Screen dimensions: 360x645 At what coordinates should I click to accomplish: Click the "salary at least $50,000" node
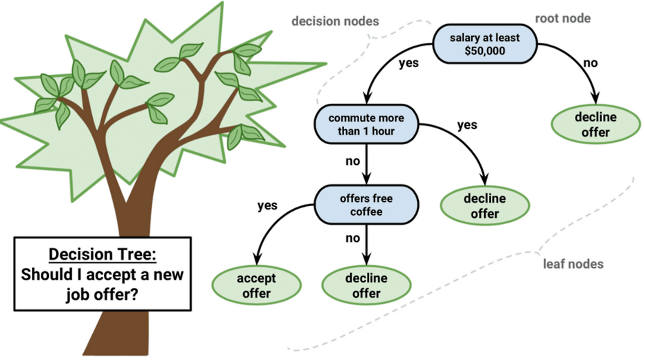point(485,45)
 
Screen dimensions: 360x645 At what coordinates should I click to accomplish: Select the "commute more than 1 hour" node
point(366,125)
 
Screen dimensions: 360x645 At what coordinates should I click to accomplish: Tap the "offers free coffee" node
point(366,204)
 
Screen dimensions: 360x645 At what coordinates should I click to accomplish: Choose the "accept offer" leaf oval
point(256,286)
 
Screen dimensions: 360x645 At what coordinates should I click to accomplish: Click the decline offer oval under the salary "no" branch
point(596,125)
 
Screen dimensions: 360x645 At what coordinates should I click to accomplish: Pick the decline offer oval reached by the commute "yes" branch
point(485,205)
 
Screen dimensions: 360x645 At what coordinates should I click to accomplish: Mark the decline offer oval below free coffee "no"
point(366,286)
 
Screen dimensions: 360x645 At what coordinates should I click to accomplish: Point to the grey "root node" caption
point(562,19)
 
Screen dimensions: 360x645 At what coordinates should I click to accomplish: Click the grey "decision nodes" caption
point(336,21)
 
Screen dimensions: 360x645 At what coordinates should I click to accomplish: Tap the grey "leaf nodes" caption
point(573,264)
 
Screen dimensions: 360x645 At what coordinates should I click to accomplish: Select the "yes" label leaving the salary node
point(409,64)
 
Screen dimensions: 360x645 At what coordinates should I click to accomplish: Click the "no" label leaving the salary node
point(590,63)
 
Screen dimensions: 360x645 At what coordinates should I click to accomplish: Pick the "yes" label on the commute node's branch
point(467,125)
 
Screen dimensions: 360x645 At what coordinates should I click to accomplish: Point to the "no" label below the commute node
point(352,162)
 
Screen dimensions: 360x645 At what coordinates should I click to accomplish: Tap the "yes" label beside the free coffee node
point(268,206)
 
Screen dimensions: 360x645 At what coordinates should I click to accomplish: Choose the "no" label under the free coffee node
point(352,238)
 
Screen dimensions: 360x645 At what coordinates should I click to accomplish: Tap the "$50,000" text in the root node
point(485,51)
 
